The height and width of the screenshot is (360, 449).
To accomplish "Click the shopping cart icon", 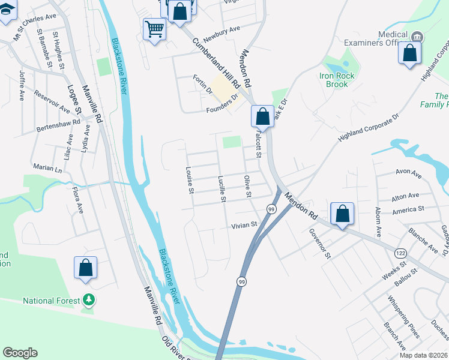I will coord(155,28).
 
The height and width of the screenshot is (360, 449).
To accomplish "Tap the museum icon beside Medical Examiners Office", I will coord(417,37).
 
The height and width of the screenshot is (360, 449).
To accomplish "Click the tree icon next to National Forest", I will coord(89,299).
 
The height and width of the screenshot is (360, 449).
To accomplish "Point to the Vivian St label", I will coord(244,225).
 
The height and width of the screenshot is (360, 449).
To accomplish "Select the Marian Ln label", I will coord(47,170).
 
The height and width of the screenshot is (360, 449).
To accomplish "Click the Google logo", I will coord(20,353).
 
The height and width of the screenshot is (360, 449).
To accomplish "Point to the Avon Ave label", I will coord(409,172).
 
